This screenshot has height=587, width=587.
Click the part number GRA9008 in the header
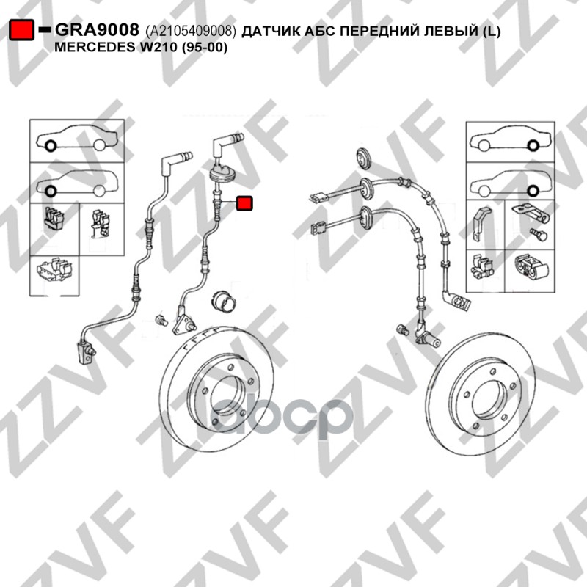[98, 29]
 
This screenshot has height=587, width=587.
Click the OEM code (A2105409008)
[191, 31]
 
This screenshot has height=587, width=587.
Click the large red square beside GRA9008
[22, 30]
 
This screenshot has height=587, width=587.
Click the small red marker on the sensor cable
[244, 203]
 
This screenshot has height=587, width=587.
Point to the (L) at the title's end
[490, 32]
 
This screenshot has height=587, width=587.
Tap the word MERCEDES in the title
[95, 48]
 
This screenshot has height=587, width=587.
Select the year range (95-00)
[205, 48]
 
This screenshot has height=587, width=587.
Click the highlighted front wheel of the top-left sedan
[51, 145]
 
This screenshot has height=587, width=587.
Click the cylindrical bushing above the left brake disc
[224, 299]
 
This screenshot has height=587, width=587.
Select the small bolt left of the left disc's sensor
[161, 320]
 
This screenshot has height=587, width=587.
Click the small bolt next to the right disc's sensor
[402, 329]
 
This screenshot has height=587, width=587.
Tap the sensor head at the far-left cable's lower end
[86, 352]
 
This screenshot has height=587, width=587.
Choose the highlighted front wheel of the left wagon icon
[51, 191]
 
